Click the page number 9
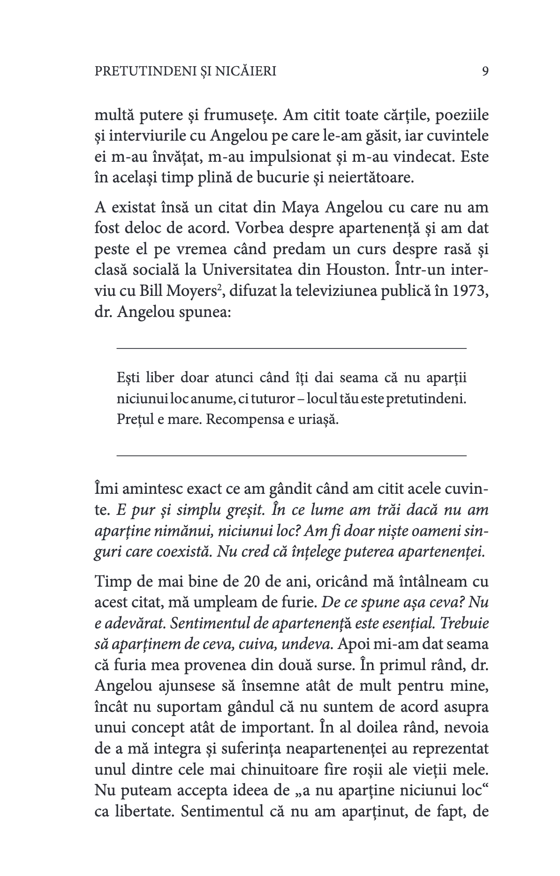pos(485,71)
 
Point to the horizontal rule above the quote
pos(291,348)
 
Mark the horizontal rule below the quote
pos(291,455)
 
